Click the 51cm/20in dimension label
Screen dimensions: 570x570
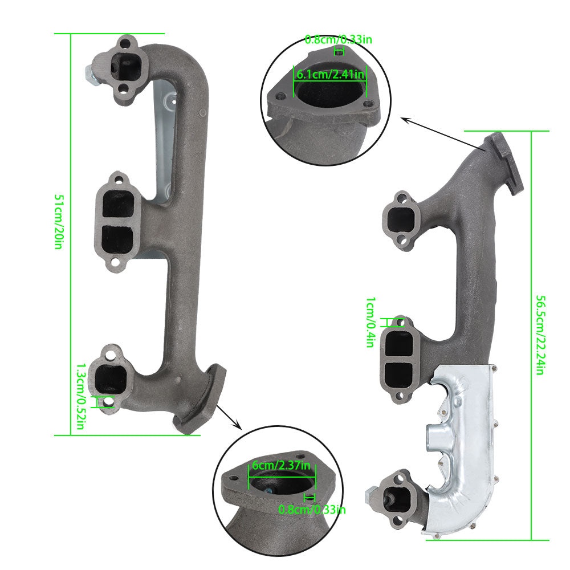(x=59, y=222)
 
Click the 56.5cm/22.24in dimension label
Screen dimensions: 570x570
(x=540, y=335)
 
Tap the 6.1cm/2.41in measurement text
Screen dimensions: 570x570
(x=330, y=75)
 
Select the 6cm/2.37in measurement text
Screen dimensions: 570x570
(x=281, y=465)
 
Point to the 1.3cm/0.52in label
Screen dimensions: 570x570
(x=81, y=396)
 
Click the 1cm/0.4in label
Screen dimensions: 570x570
(x=370, y=322)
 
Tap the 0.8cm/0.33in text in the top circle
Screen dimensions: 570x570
(x=339, y=39)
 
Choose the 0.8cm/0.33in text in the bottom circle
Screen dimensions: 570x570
(x=312, y=509)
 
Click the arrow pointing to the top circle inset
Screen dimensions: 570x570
(x=443, y=134)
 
